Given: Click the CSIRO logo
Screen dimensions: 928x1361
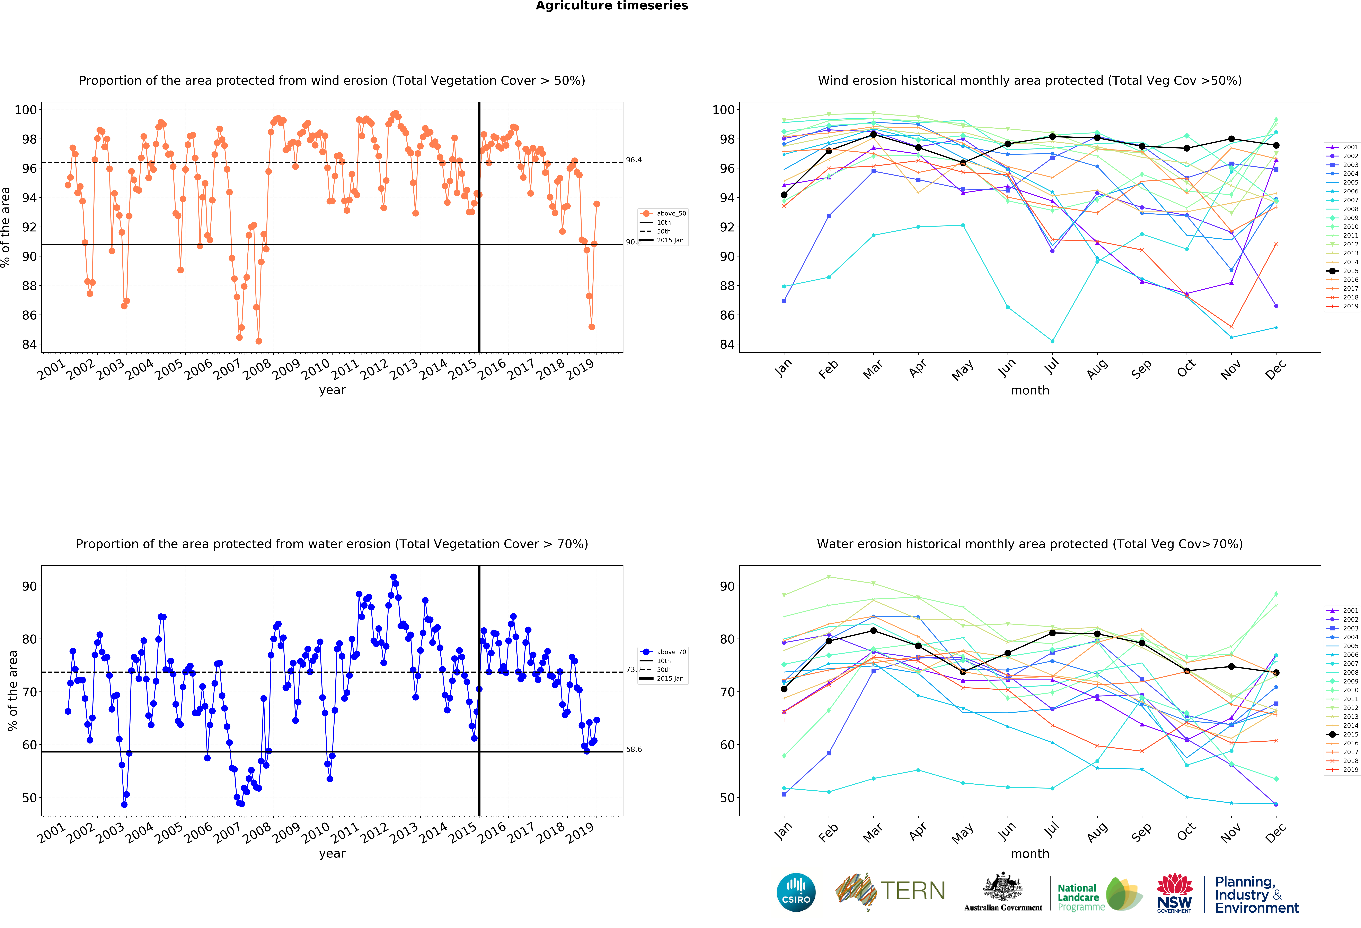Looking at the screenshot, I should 796,892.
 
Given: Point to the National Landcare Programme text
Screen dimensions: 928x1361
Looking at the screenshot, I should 1080,897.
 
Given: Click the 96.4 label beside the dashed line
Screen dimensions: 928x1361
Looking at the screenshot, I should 634,160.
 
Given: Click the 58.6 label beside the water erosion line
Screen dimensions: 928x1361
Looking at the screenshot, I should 634,749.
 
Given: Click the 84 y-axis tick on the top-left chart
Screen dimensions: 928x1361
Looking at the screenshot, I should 29,344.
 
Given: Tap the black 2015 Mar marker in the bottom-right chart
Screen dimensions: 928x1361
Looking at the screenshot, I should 873,630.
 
